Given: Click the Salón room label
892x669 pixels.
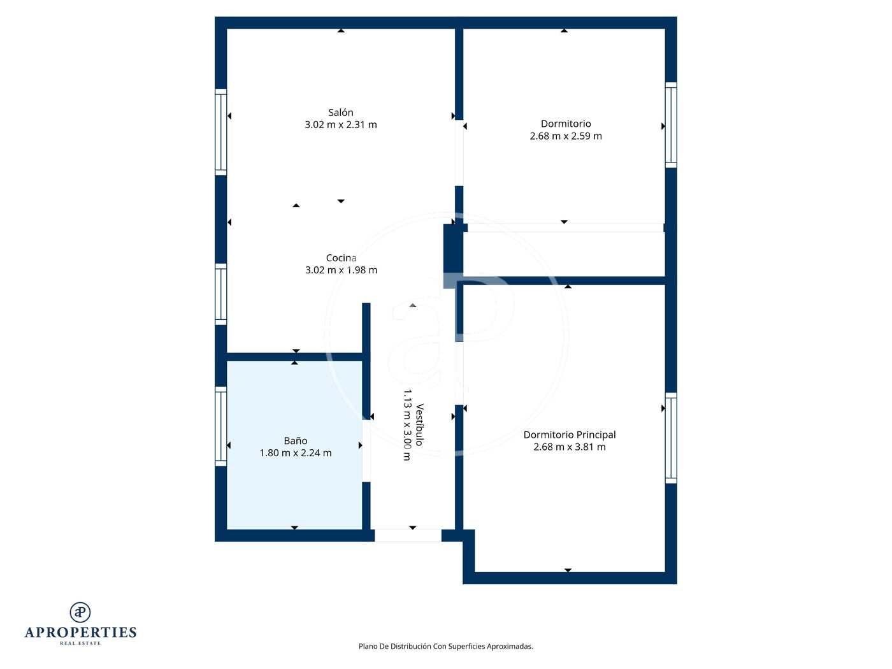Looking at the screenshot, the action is point(340,112).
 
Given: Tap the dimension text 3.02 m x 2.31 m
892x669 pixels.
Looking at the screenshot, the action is point(340,125).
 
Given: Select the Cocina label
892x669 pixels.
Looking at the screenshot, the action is point(341,258).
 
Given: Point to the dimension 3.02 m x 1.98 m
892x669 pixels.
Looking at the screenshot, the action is point(341,270).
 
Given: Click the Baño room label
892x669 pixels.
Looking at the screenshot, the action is point(296,441).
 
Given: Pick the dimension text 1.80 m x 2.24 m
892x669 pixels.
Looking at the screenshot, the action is point(296,453).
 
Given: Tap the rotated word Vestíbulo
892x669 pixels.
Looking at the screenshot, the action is point(420,425).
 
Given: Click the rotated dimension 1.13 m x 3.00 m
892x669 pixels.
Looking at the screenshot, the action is point(407,425).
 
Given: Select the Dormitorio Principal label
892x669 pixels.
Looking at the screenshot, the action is point(570,435).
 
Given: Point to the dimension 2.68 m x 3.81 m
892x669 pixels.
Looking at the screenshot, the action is point(570,447).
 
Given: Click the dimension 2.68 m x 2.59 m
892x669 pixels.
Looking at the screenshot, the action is point(566,136).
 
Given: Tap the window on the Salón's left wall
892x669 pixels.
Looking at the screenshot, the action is point(220,132).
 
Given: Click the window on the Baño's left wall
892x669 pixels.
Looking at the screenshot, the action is point(220,426).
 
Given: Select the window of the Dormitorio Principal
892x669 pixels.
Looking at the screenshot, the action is point(671,438).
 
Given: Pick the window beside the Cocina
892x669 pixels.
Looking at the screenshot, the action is point(220,294).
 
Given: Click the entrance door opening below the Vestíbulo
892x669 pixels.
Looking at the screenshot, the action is point(408,535).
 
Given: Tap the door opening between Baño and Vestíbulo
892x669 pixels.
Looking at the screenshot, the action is point(366,451).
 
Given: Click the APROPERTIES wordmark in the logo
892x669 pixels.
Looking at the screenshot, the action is point(80,633).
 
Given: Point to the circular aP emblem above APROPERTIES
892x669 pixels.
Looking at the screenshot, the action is point(80,612).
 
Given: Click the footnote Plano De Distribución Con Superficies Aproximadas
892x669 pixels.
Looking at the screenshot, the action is point(446,646).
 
